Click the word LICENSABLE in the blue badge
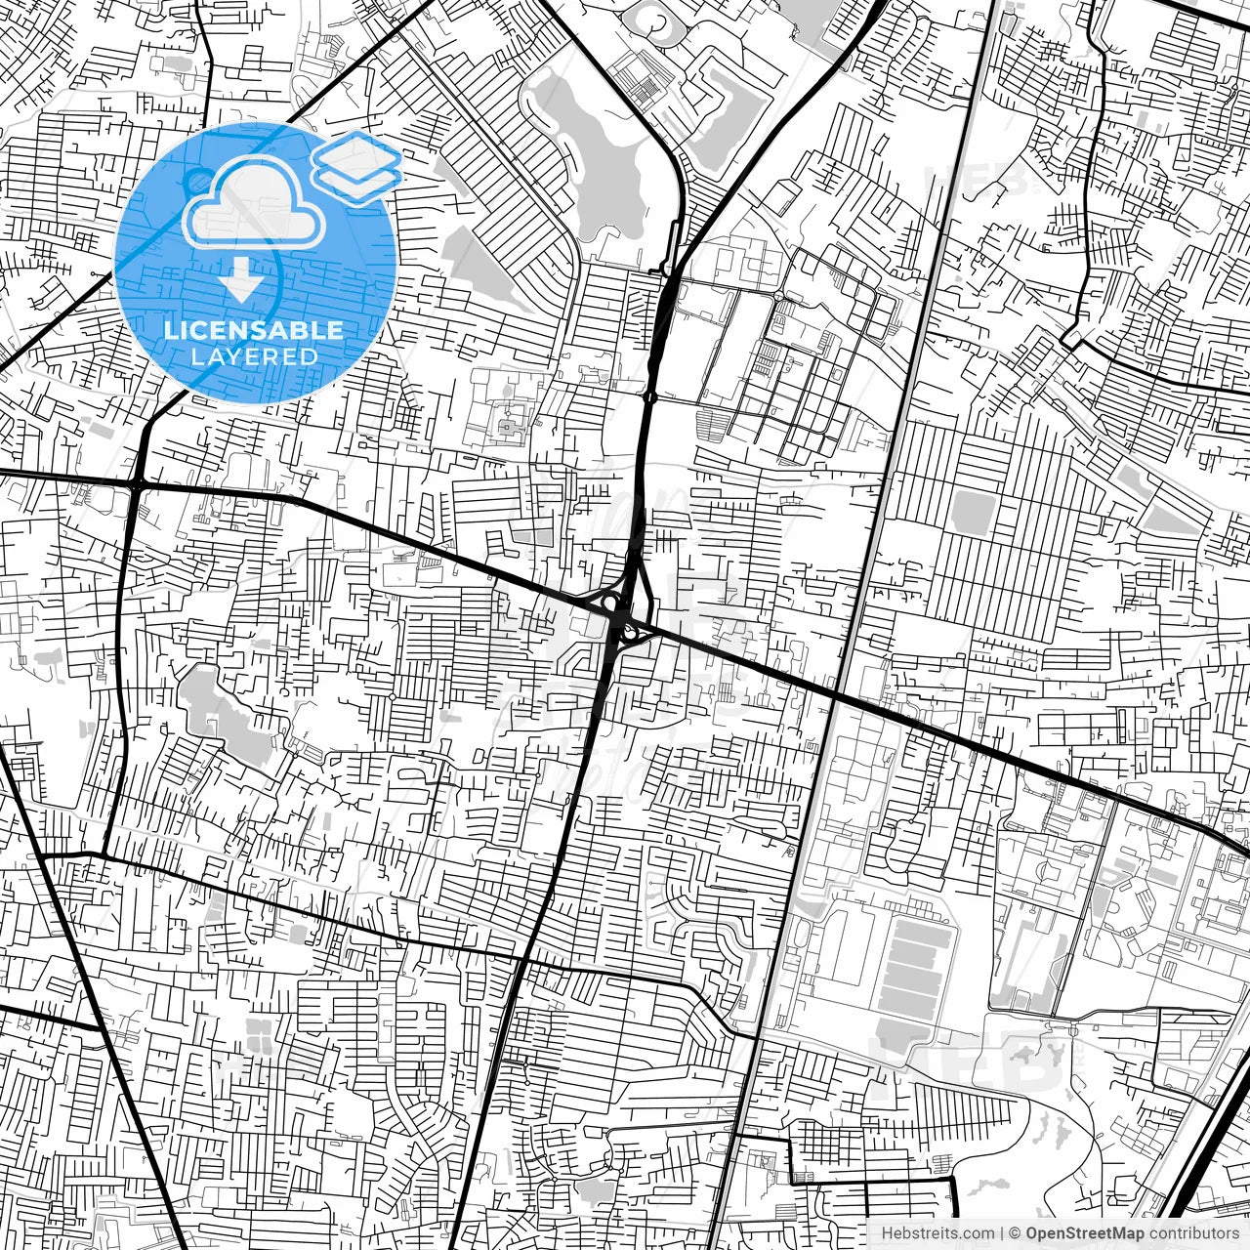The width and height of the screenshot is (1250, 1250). click(x=254, y=330)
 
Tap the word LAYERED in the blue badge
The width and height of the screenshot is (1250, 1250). click(x=254, y=356)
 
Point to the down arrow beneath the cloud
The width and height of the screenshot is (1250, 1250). click(x=240, y=281)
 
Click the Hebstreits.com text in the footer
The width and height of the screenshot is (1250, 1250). click(x=937, y=1232)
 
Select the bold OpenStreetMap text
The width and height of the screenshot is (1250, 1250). click(x=1085, y=1232)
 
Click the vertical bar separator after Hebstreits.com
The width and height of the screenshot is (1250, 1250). click(x=1003, y=1232)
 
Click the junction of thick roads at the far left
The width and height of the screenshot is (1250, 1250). click(x=136, y=483)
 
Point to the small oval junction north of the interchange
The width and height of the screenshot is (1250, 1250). click(x=650, y=396)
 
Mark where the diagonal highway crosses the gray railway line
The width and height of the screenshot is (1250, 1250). click(x=838, y=695)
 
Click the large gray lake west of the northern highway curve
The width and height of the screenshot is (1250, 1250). click(x=586, y=156)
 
